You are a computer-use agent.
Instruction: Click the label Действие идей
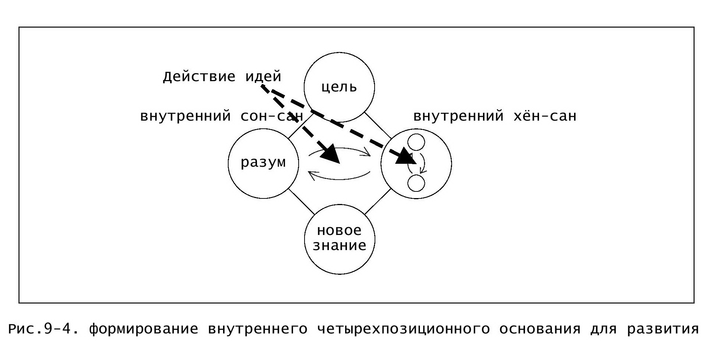[x=222, y=77]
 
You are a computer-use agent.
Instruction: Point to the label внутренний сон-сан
[x=222, y=116]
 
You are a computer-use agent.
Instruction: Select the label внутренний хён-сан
[x=495, y=116]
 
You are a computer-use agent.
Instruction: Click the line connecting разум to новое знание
[x=302, y=202]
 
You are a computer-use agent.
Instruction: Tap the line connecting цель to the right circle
[x=378, y=125]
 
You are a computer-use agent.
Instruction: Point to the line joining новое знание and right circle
[x=378, y=201]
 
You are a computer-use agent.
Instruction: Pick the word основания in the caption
[x=540, y=329]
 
